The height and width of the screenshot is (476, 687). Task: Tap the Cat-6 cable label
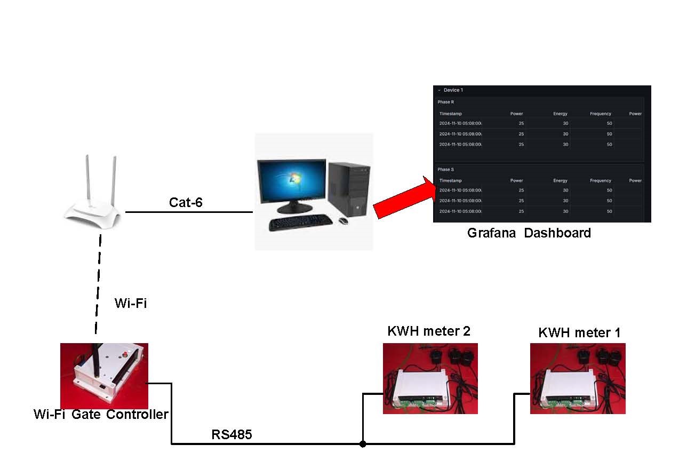click(186, 202)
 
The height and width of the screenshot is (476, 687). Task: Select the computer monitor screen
click(291, 184)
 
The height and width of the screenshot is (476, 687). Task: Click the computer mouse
click(343, 220)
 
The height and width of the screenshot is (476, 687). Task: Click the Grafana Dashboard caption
click(529, 233)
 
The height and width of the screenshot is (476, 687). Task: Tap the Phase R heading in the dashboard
click(446, 102)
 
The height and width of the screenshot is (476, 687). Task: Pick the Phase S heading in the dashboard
click(446, 169)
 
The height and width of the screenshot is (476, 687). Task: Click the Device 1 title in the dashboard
click(453, 90)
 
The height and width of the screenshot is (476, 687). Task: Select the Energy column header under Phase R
click(560, 114)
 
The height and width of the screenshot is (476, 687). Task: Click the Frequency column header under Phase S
click(600, 180)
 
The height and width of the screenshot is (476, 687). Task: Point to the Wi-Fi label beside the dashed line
click(130, 304)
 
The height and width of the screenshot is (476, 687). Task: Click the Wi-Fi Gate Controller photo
click(104, 376)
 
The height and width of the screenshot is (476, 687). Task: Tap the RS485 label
click(231, 435)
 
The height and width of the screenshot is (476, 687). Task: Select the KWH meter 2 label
click(429, 331)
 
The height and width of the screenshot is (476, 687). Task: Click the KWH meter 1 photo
click(578, 378)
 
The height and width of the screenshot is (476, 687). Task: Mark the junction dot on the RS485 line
click(363, 443)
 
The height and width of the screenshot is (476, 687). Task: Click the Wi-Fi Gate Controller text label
click(101, 415)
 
